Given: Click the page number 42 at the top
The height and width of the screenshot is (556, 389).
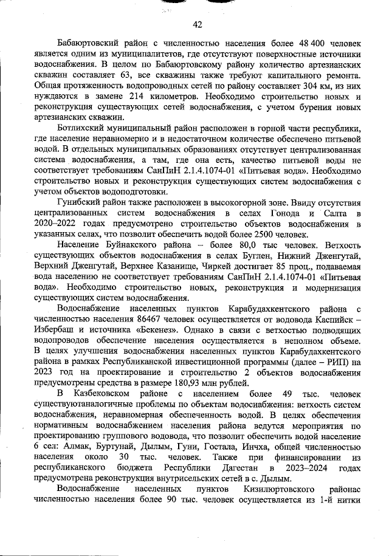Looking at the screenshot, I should click(x=196, y=24).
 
